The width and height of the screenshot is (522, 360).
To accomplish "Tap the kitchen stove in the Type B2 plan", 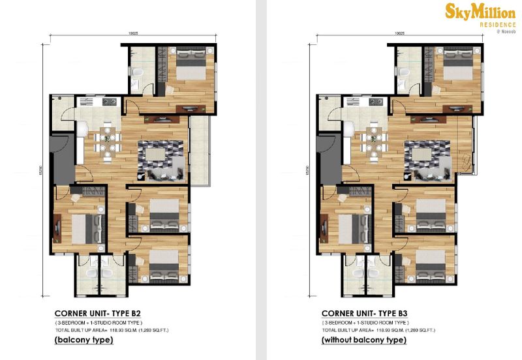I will pyautogui.click(x=108, y=102).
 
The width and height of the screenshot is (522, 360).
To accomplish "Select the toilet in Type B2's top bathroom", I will pyautogui.click(x=136, y=72).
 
